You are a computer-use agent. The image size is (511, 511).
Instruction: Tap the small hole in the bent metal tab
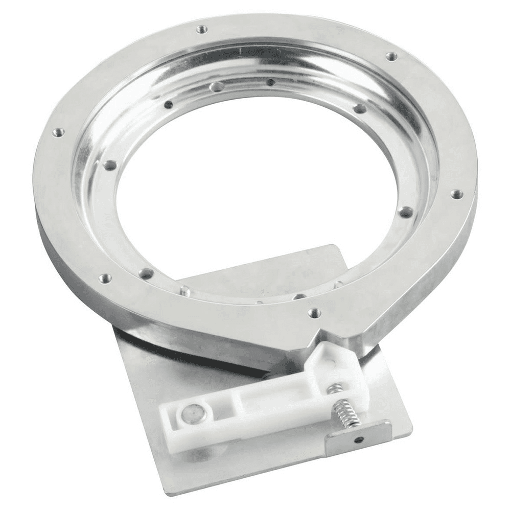click(x=362, y=440)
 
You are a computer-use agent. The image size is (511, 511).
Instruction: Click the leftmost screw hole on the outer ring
click(x=58, y=132)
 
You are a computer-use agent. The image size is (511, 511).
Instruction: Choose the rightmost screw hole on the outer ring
click(x=456, y=194)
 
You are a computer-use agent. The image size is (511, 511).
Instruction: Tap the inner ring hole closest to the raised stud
click(x=146, y=273)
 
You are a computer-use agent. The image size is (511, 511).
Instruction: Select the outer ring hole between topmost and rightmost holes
click(x=391, y=56)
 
